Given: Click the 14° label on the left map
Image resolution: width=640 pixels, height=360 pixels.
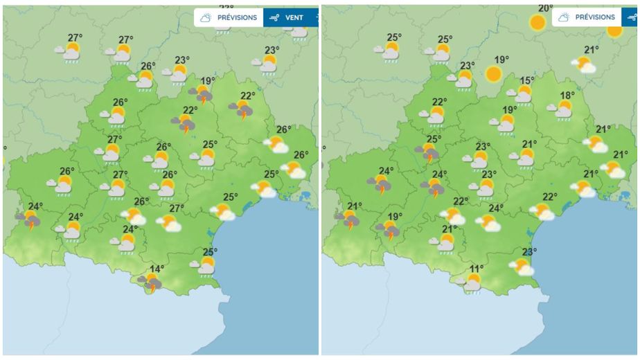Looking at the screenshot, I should [x=158, y=269].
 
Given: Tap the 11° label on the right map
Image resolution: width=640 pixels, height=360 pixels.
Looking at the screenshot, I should [x=477, y=269].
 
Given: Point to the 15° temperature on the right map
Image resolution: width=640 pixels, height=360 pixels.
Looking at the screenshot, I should [x=528, y=81].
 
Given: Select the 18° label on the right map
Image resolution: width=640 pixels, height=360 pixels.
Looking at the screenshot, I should [x=567, y=96].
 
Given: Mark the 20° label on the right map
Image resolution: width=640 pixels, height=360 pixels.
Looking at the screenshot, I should [x=546, y=8].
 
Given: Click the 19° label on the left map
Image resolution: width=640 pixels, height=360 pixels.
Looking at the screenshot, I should [x=207, y=81].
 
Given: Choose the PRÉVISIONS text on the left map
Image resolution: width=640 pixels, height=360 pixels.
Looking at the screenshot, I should [x=237, y=17].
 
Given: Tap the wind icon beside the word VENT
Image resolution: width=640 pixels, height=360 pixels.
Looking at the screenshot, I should [x=275, y=17].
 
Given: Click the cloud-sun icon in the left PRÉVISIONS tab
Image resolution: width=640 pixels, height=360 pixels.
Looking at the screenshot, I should [x=206, y=17].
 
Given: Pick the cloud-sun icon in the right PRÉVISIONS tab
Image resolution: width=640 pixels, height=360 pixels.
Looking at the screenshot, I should [x=564, y=17].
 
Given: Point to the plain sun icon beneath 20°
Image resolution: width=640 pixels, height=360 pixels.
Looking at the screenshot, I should [x=537, y=23].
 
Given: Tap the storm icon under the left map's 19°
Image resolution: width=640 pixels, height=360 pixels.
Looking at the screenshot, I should [x=201, y=93].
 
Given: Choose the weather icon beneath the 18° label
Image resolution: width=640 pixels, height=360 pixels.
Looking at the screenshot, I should [x=562, y=109].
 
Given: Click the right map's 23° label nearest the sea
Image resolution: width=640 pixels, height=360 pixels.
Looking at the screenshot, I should [x=529, y=252].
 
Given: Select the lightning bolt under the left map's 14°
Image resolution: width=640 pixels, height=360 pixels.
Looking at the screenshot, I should [x=152, y=288].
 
